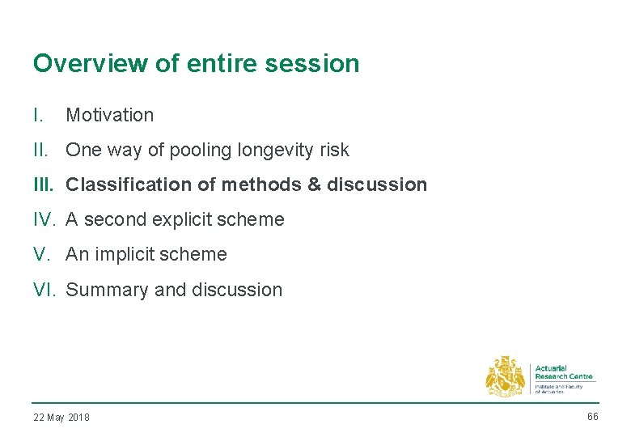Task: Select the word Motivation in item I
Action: tap(109, 115)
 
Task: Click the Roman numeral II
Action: tap(40, 150)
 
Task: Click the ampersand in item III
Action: tap(315, 185)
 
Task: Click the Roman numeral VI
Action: tap(45, 290)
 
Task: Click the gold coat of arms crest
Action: tap(505, 376)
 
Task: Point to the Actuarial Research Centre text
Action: tap(563, 372)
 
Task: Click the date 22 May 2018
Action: tap(61, 418)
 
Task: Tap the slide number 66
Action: tap(592, 416)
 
